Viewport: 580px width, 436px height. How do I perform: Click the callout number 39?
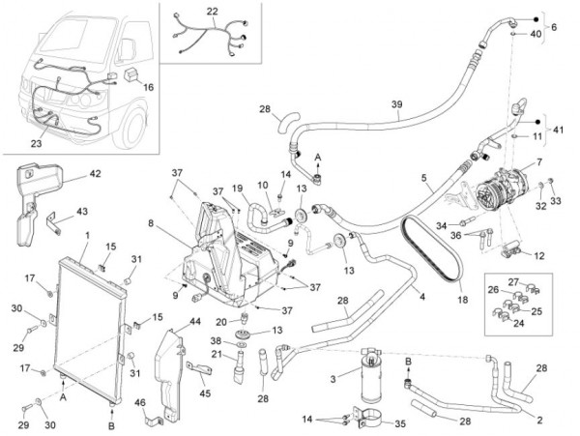point(395,104)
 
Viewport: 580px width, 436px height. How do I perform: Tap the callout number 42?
point(95,175)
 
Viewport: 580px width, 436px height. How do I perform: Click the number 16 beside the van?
point(148,87)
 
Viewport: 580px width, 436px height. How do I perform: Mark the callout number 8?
point(152,223)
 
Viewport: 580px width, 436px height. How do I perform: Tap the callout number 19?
point(237,189)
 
